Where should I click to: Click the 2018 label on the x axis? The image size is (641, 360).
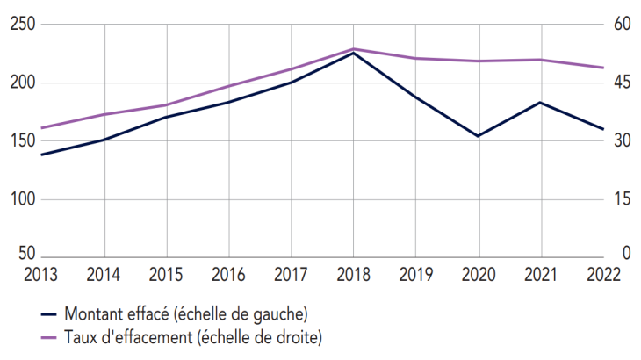click(x=354, y=273)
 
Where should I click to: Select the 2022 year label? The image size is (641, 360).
click(x=603, y=273)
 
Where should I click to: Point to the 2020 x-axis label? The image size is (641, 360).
click(x=479, y=273)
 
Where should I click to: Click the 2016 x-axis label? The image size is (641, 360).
click(x=229, y=273)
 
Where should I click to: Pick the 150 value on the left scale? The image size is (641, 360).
click(x=20, y=140)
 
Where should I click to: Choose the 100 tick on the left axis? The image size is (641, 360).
click(x=20, y=198)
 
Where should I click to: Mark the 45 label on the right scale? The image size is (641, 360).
click(x=623, y=83)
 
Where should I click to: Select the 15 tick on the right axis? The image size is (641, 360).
click(x=623, y=198)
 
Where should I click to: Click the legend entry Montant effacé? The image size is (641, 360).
click(x=185, y=313)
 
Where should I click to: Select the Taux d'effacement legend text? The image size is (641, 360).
click(x=192, y=336)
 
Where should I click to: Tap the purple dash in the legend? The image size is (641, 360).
click(x=49, y=336)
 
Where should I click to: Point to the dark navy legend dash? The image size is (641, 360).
click(x=49, y=313)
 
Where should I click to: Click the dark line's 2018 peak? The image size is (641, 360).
click(x=354, y=54)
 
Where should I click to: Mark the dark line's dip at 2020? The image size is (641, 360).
click(x=479, y=136)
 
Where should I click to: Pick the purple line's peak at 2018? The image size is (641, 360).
click(x=354, y=49)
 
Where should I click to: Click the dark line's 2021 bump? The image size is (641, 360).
click(x=541, y=103)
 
